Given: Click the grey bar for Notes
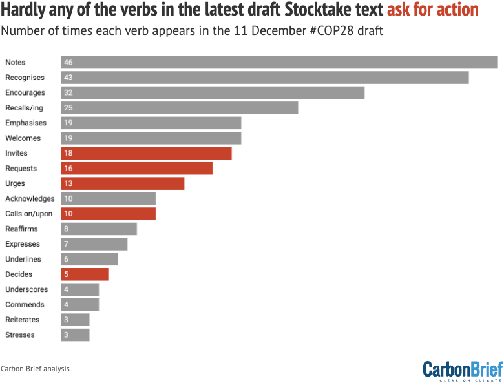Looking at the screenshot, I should click(x=279, y=63).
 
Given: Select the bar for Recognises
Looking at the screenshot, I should click(x=265, y=78).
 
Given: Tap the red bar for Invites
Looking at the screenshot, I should click(x=147, y=153).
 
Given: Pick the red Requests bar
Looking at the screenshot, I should click(x=137, y=169).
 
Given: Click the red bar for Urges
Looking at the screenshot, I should click(x=123, y=183).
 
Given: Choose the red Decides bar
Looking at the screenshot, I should click(x=85, y=274).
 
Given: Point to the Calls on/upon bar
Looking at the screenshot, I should click(x=109, y=214).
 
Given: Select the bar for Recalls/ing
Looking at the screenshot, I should click(x=180, y=108).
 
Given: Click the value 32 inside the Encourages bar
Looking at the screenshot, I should click(x=68, y=93).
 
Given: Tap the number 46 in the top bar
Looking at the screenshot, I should click(x=68, y=63).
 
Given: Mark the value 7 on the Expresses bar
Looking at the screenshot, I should click(x=67, y=244).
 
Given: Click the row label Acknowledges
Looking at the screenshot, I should click(x=30, y=199).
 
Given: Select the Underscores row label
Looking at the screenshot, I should click(x=26, y=289).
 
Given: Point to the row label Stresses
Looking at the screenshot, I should click(x=20, y=335).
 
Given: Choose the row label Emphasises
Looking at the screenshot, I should click(x=26, y=123).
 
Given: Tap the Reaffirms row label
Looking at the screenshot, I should click(x=22, y=229).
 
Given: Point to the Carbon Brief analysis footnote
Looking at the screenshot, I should click(x=35, y=369).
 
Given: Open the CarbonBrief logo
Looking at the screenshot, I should click(x=462, y=370).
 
